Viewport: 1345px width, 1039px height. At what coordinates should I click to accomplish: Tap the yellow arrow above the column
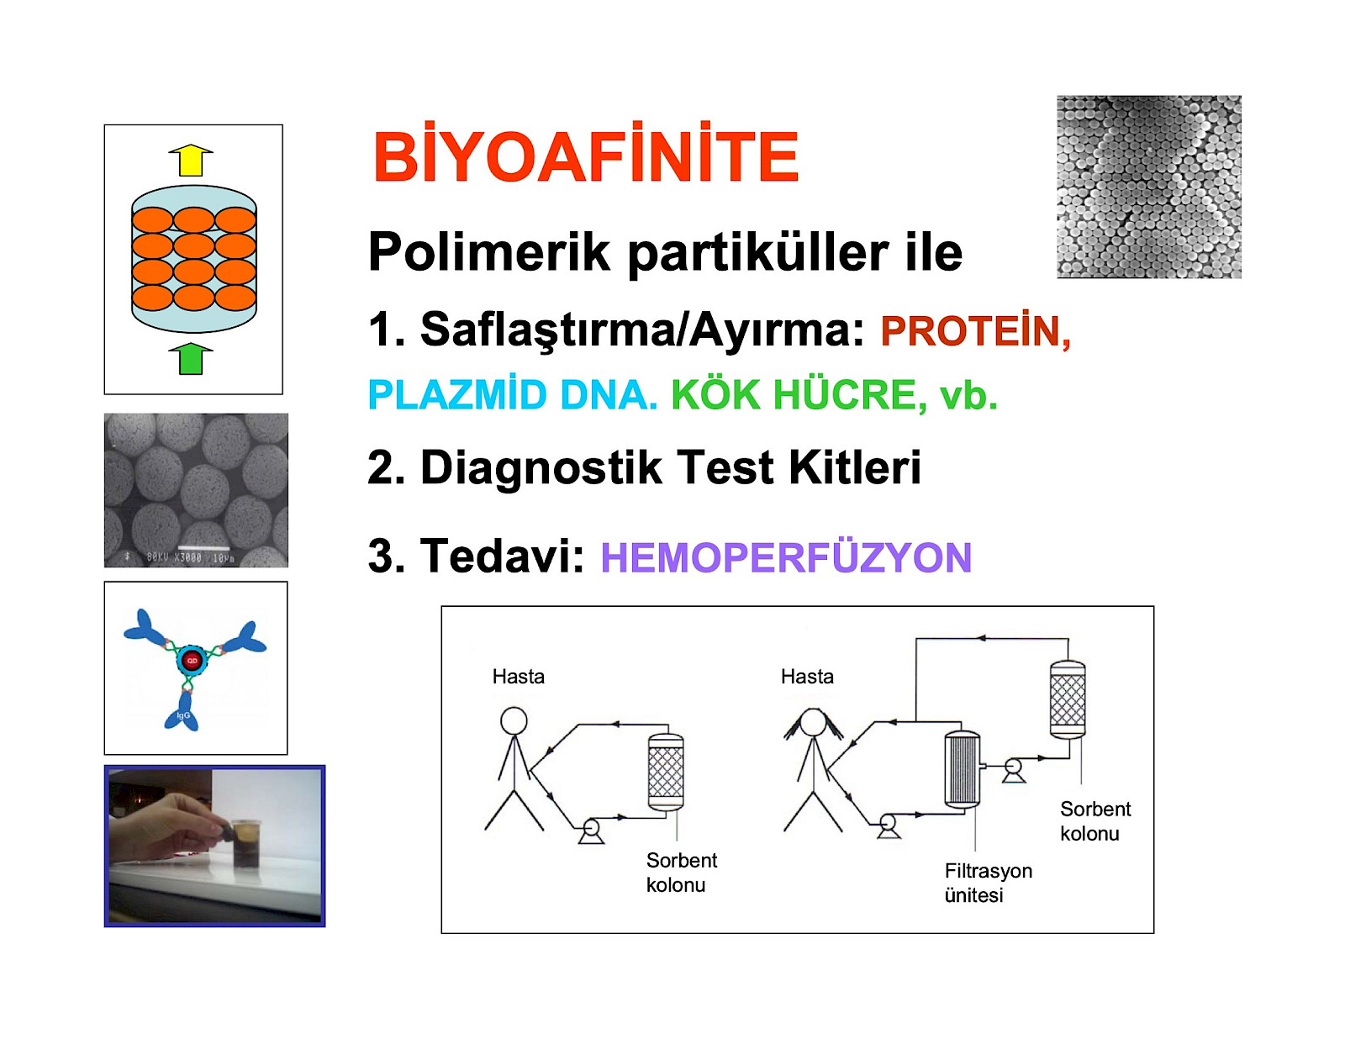pyautogui.click(x=191, y=161)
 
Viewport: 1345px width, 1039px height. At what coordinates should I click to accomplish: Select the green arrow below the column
pyautogui.click(x=191, y=359)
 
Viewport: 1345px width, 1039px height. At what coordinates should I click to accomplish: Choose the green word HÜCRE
pyautogui.click(x=845, y=394)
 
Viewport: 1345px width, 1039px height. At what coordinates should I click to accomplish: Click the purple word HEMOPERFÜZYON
pyautogui.click(x=786, y=556)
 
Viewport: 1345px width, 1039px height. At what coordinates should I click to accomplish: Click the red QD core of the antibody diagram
pyautogui.click(x=192, y=661)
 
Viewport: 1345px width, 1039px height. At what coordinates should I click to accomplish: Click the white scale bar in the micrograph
pyautogui.click(x=203, y=547)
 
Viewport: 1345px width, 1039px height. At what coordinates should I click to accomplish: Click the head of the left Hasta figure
pyautogui.click(x=514, y=721)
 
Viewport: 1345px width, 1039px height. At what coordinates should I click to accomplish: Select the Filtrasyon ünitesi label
pyautogui.click(x=988, y=883)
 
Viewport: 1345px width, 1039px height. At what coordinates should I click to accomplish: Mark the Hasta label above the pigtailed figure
pyautogui.click(x=807, y=677)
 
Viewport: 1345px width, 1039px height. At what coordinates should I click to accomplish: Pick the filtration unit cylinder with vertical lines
pyautogui.click(x=962, y=769)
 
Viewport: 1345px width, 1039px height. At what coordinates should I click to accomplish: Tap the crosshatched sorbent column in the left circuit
pyautogui.click(x=666, y=771)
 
